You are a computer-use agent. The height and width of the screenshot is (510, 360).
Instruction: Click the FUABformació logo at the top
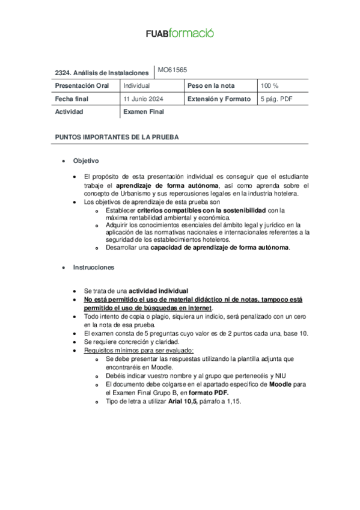pos(180,34)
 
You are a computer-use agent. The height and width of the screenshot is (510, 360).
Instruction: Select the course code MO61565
pos(172,70)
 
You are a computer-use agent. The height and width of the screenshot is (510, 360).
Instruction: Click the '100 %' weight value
pos(269,86)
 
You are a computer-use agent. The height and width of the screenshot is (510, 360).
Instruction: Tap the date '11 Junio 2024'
pos(144,99)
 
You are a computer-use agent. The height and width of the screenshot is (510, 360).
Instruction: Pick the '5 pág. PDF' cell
pos(276,99)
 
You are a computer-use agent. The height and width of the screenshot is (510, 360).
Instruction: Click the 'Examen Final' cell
pos(144,112)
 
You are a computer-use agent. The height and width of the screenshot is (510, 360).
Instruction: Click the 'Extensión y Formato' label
pos(219,99)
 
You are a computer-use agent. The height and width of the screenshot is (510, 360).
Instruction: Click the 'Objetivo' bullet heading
pos(86,161)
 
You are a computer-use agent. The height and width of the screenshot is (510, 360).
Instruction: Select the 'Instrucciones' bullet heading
pos(94,267)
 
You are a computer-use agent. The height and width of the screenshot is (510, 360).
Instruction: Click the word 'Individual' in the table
pos(136,86)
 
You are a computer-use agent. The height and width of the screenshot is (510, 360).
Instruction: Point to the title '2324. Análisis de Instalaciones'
pos(102,72)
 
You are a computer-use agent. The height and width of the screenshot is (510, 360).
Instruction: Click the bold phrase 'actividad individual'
pos(158,290)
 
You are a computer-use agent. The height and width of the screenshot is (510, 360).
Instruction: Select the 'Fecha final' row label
pos(72,99)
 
